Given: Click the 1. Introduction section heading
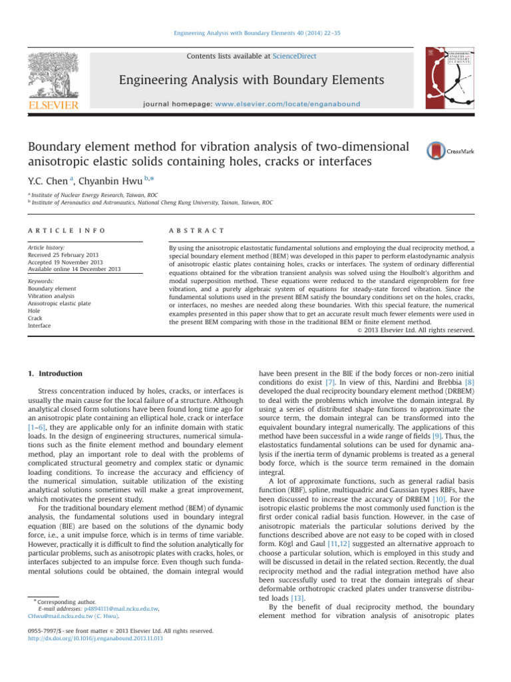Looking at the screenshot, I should click(55, 374).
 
